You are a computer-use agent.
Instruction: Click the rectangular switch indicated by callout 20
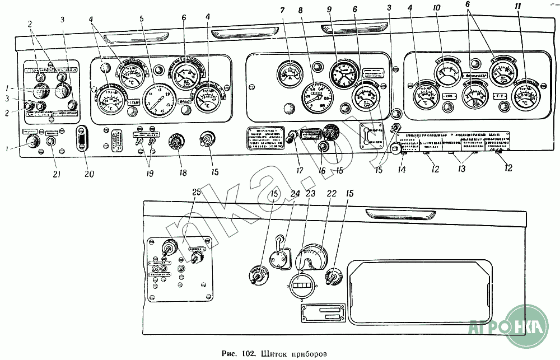(83, 138)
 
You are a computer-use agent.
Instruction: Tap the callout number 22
(331, 194)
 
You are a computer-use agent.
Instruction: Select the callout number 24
(295, 194)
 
